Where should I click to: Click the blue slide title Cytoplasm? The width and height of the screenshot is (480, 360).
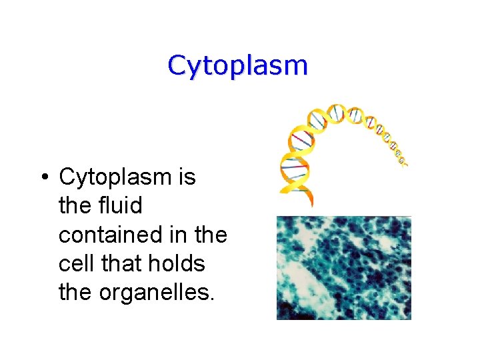click(237, 66)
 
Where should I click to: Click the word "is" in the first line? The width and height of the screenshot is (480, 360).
click(187, 177)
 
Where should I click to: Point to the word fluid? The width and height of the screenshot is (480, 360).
click(120, 206)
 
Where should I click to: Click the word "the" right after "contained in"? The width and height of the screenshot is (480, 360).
click(212, 235)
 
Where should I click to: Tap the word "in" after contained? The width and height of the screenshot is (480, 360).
click(185, 235)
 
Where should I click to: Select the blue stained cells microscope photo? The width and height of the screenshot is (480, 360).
click(343, 267)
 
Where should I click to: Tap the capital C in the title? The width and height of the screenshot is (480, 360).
click(177, 65)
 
